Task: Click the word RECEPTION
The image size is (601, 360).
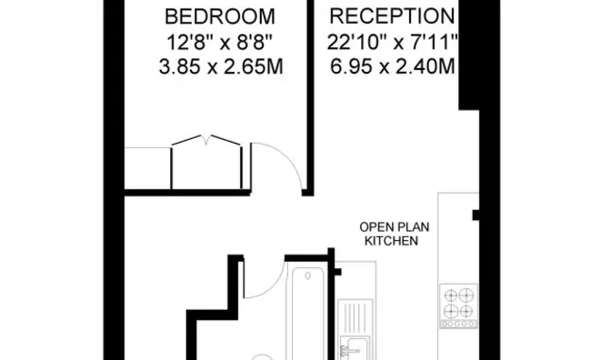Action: pos(391,17)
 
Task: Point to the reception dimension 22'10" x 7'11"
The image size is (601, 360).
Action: pos(391,43)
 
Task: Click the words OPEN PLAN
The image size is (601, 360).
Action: pos(391,228)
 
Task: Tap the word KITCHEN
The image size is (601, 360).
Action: pos(391,242)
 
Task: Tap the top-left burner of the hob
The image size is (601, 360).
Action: pos(450,295)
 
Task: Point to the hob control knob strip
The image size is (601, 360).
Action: pos(459,325)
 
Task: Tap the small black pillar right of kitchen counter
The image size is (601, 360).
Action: pos(475,216)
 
